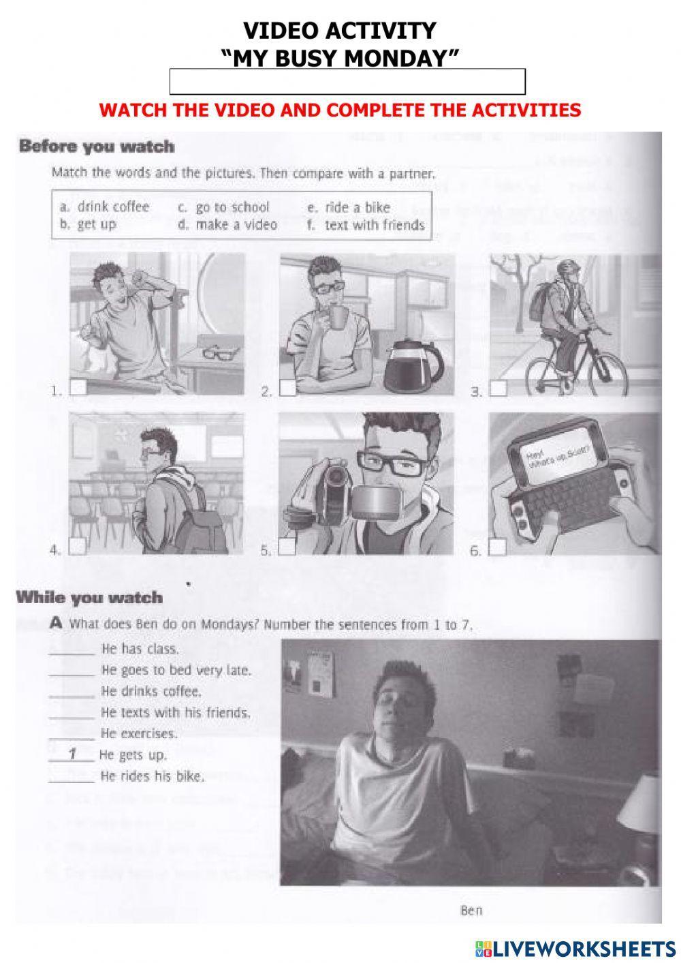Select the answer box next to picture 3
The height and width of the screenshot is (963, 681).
pos(499,388)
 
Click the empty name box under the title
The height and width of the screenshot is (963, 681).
pos(347,82)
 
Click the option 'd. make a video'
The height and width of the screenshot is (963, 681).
pos(227,225)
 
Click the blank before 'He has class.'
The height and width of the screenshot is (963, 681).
pos(72,649)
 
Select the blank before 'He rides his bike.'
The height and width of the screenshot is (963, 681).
pos(72,776)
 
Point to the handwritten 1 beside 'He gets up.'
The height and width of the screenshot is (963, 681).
pos(72,754)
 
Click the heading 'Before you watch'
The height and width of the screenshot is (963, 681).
pos(97,147)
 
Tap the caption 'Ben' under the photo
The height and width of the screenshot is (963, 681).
pos(471,910)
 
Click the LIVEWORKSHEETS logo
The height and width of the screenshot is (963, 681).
pos(575,947)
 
